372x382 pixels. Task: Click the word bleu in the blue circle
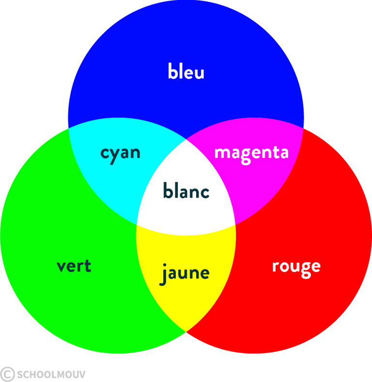[x=186, y=72]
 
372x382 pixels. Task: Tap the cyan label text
[x=120, y=153]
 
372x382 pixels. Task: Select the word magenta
[x=251, y=153]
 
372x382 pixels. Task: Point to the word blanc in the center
[x=186, y=191]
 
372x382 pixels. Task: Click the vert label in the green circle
[x=74, y=266]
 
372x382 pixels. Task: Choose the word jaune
[x=185, y=273]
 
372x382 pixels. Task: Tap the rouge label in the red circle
[x=296, y=267]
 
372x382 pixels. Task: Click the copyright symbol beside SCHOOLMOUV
[x=7, y=374]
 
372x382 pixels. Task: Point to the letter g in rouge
[x=305, y=269]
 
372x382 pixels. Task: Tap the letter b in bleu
[x=172, y=71]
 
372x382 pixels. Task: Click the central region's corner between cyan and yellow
[x=137, y=224]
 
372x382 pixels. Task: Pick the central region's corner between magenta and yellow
[x=235, y=224]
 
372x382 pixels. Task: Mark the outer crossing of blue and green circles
[x=68, y=127]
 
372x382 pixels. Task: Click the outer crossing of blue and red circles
[x=304, y=127]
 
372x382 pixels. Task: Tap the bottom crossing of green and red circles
[x=186, y=332]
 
